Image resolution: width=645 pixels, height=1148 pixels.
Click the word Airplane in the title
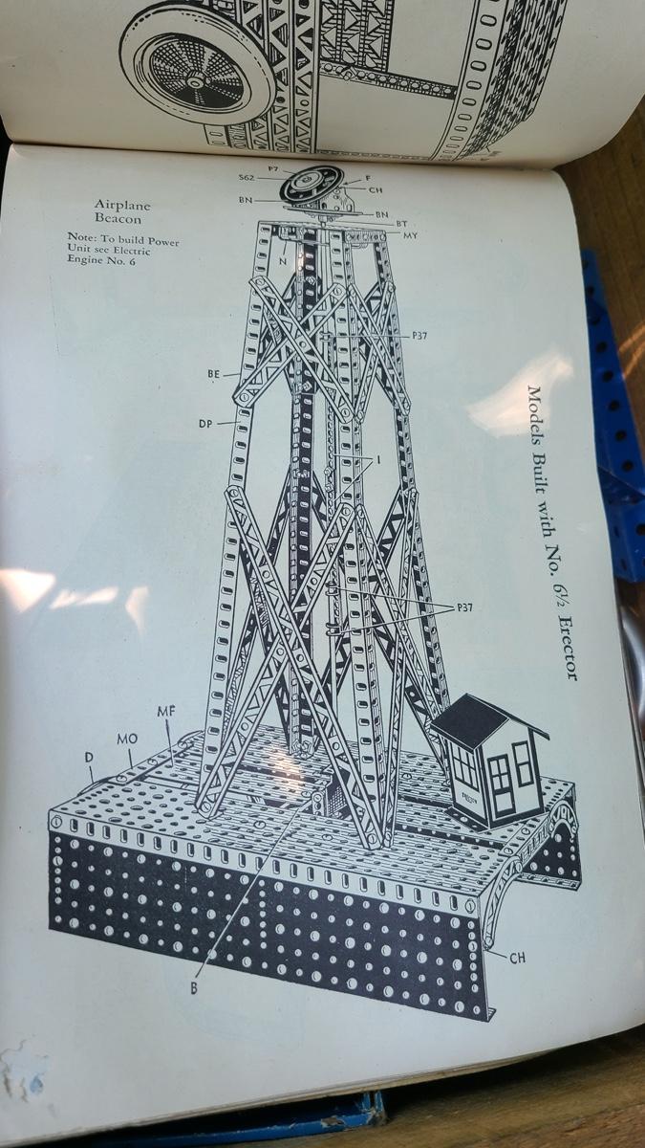pyautogui.click(x=122, y=205)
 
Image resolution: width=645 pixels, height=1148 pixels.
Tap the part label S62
pyautogui.click(x=247, y=178)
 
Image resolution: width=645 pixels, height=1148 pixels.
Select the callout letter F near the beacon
pyautogui.click(x=368, y=178)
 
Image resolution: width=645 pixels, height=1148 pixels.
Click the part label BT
pyautogui.click(x=401, y=224)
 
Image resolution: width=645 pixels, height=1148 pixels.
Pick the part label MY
pyautogui.click(x=411, y=235)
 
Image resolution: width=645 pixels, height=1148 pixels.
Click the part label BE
pyautogui.click(x=213, y=375)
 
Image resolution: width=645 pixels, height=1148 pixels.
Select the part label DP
pyautogui.click(x=205, y=424)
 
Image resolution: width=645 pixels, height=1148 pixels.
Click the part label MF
pyautogui.click(x=166, y=712)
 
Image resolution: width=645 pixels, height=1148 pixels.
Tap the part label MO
pyautogui.click(x=127, y=739)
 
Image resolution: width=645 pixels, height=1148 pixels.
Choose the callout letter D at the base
pyautogui.click(x=89, y=757)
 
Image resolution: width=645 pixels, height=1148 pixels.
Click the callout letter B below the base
pyautogui.click(x=194, y=988)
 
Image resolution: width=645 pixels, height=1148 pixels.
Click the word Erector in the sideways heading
pyautogui.click(x=568, y=649)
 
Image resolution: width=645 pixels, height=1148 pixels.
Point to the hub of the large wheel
pyautogui.click(x=195, y=82)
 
